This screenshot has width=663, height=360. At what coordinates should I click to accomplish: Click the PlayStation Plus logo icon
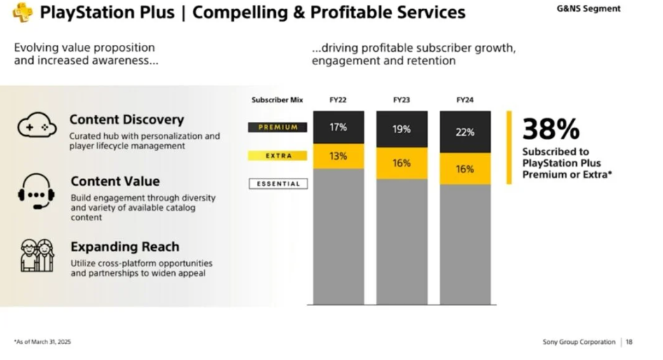pyautogui.click(x=23, y=13)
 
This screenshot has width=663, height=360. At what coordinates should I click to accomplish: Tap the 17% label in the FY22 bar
pyautogui.click(x=338, y=127)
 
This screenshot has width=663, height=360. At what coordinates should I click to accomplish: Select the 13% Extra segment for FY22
pyautogui.click(x=339, y=156)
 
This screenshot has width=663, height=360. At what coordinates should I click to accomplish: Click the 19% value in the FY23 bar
pyautogui.click(x=401, y=129)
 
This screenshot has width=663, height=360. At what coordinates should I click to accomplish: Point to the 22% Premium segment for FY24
pyautogui.click(x=465, y=132)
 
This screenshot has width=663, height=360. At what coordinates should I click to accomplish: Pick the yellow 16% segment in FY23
pyautogui.click(x=402, y=164)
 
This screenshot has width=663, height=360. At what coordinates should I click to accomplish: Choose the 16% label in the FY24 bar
pyautogui.click(x=465, y=169)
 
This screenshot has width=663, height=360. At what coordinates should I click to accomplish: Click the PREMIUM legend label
pyautogui.click(x=278, y=127)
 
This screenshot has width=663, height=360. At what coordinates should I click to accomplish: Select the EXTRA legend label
pyautogui.click(x=278, y=155)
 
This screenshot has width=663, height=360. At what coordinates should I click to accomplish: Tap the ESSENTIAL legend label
pyautogui.click(x=278, y=184)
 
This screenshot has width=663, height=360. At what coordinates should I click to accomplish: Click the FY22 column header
pyautogui.click(x=338, y=100)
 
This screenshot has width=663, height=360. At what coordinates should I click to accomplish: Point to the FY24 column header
pyautogui.click(x=465, y=100)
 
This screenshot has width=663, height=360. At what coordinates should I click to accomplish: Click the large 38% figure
pyautogui.click(x=550, y=129)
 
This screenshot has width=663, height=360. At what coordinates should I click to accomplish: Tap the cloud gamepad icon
pyautogui.click(x=37, y=125)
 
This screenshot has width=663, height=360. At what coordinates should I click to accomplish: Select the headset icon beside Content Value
pyautogui.click(x=36, y=191)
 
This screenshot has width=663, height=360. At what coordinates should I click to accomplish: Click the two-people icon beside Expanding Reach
pyautogui.click(x=37, y=255)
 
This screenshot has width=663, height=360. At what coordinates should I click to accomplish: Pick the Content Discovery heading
pyautogui.click(x=127, y=120)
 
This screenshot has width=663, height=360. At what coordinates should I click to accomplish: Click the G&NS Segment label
pyautogui.click(x=588, y=8)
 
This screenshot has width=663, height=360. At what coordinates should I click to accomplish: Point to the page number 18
pyautogui.click(x=629, y=342)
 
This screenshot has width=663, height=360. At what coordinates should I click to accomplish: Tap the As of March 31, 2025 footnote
pyautogui.click(x=42, y=342)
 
